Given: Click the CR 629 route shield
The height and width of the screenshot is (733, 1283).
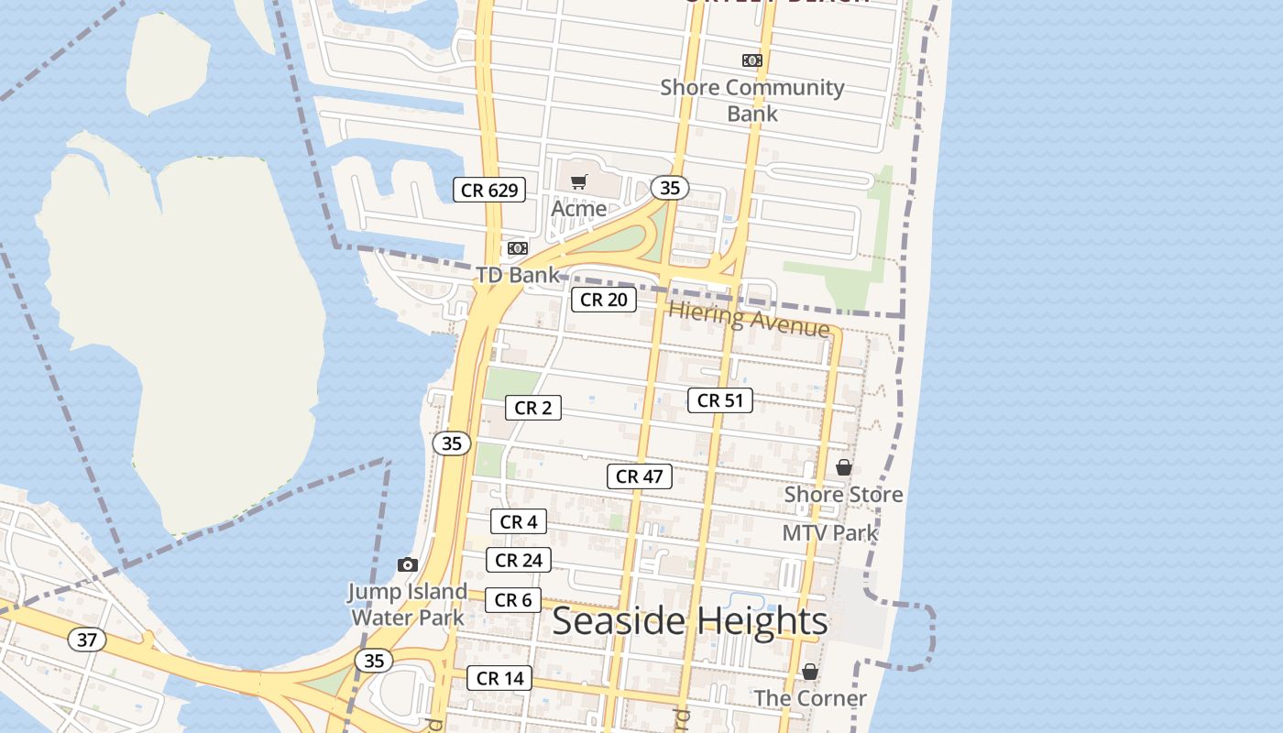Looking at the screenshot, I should [x=489, y=191].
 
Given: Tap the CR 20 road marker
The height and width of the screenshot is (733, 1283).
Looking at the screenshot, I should [x=604, y=300].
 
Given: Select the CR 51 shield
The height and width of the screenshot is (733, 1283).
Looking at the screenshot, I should [x=720, y=400].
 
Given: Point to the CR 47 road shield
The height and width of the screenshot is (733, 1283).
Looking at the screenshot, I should [x=639, y=476].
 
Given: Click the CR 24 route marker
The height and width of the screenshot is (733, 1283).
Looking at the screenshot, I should [x=519, y=560].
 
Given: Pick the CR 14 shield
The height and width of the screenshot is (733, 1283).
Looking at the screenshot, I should [x=499, y=678].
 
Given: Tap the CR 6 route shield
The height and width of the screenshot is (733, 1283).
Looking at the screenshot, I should [x=512, y=600].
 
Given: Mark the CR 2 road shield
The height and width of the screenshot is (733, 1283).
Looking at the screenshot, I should [x=532, y=408].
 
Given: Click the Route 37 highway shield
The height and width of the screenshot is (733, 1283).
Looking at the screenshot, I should [x=87, y=640].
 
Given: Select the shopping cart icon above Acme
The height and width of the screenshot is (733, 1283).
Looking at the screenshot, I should [x=578, y=182].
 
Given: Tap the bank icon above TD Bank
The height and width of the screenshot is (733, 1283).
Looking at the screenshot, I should [x=518, y=248].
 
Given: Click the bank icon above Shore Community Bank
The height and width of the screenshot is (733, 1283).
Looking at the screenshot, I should [x=752, y=60].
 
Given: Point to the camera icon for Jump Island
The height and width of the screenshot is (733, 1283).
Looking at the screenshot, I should [x=408, y=564].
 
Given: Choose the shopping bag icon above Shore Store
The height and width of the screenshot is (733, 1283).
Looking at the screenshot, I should [x=844, y=467].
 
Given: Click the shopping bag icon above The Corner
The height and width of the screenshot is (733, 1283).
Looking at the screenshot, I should [x=810, y=672].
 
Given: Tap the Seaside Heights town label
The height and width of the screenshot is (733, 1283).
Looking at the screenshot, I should [x=690, y=621].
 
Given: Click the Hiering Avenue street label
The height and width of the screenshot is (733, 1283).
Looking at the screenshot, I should [x=749, y=318].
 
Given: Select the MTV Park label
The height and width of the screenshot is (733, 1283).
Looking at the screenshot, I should [x=830, y=532].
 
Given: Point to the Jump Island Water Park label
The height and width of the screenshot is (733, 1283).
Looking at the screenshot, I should [x=408, y=604].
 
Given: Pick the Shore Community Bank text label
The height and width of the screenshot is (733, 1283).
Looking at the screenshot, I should [x=752, y=100].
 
